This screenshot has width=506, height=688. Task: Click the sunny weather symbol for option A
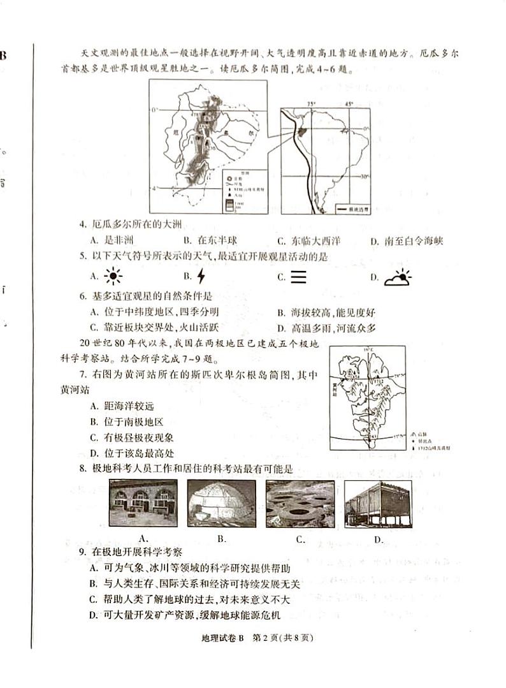[113, 277]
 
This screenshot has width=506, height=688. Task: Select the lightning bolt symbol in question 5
[201, 277]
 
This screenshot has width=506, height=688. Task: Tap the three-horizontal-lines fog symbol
[298, 277]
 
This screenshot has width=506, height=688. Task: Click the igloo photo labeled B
[222, 504]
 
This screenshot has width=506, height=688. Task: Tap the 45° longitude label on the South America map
[348, 103]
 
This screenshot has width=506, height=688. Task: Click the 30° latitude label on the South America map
[365, 177]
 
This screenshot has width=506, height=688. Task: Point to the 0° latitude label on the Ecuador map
[154, 110]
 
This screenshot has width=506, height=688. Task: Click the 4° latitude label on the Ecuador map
[154, 188]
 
